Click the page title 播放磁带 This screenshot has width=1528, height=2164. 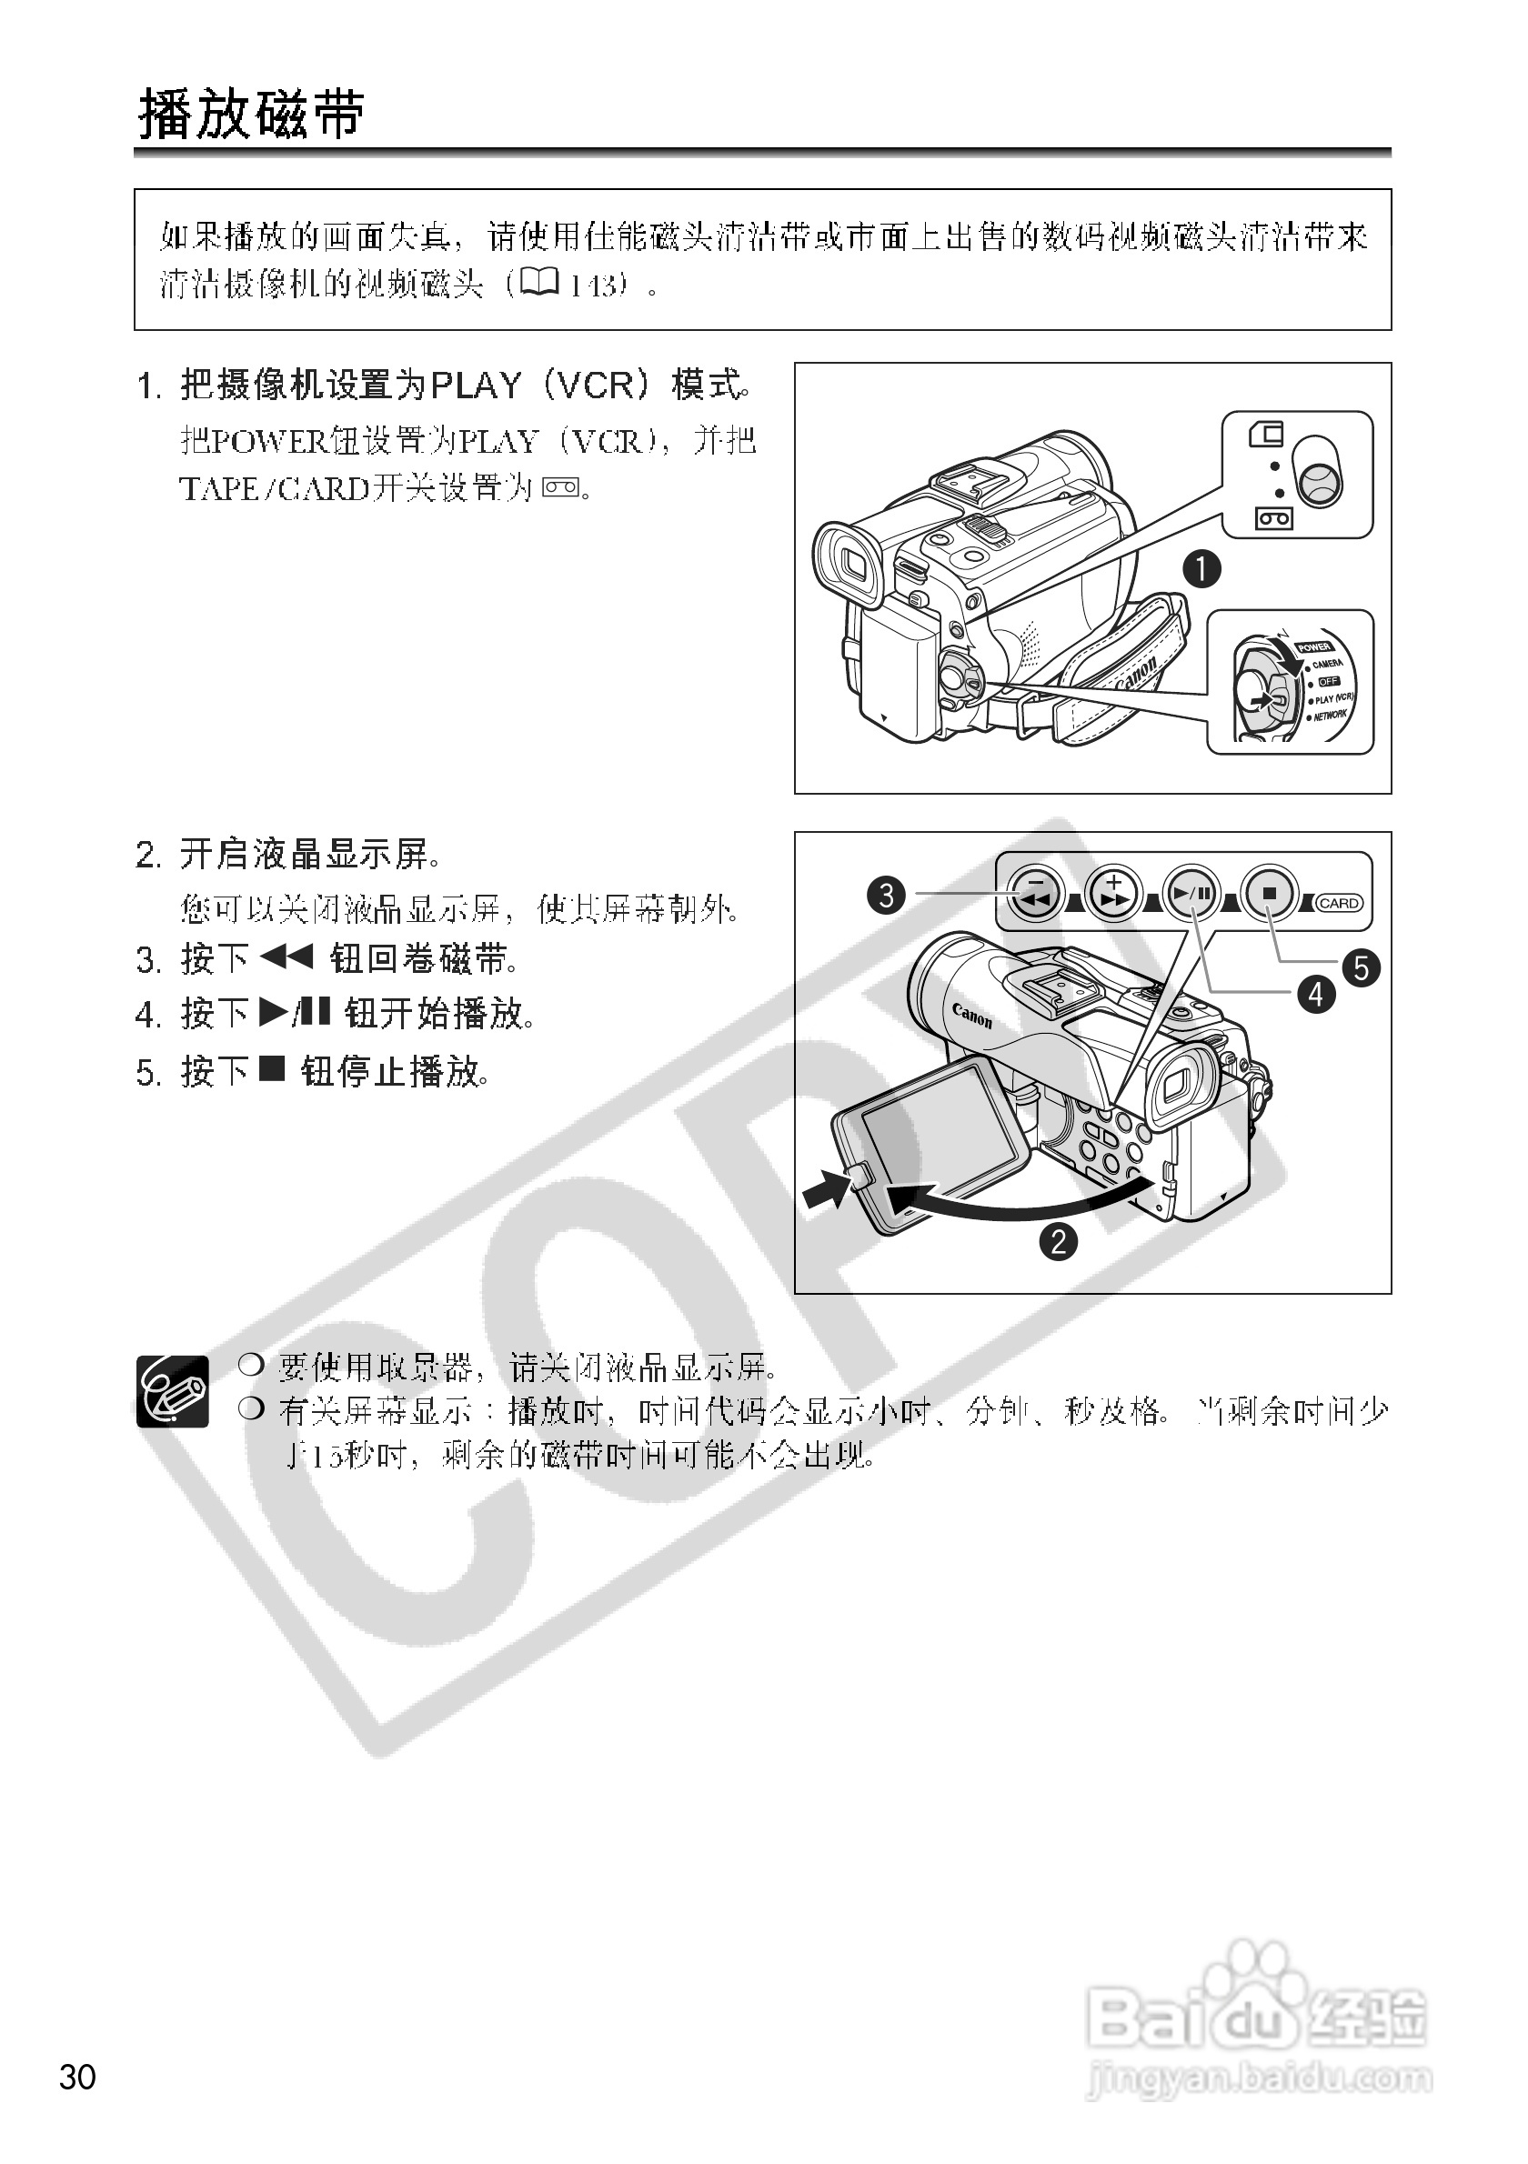(251, 115)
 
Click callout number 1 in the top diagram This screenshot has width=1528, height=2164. (1201, 569)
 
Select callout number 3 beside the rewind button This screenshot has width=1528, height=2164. (886, 894)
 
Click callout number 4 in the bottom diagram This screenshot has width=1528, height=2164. (1316, 994)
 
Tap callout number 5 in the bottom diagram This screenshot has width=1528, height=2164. (1362, 967)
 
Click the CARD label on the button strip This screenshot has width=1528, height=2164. (1339, 903)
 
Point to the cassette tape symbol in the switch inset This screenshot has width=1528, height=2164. (1273, 517)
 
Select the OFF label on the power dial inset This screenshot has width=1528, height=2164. (1328, 680)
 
